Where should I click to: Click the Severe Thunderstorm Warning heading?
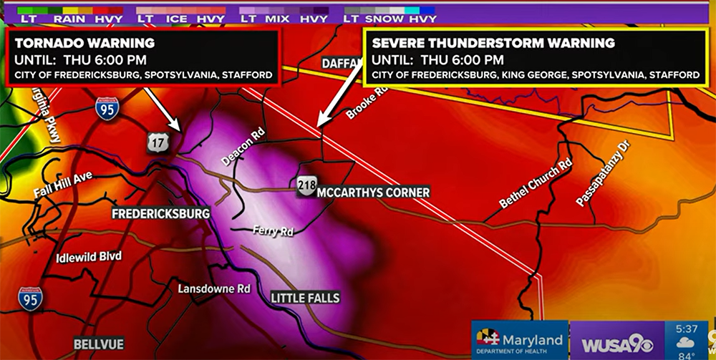point(493,43)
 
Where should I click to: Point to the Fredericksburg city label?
point(160,214)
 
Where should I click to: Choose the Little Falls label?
point(305,298)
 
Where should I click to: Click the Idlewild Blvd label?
point(90,256)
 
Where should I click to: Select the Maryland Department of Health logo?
point(519,341)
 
